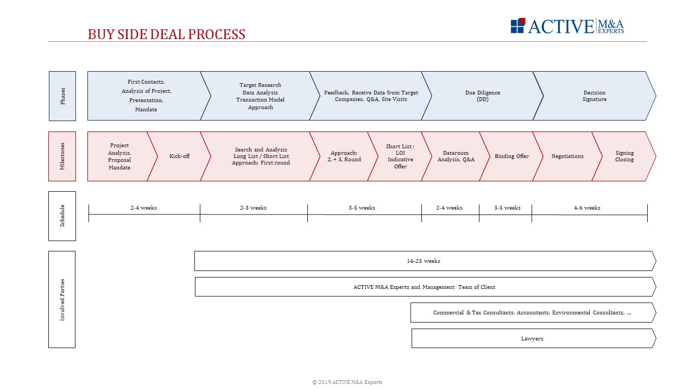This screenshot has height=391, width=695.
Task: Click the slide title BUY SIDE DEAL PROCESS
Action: pos(167,34)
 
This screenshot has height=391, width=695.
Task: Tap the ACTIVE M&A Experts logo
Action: pos(567,26)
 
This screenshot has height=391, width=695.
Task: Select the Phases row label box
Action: pos(62,96)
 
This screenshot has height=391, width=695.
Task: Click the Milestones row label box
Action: pos(62,156)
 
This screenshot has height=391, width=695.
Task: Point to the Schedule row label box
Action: pos(62,216)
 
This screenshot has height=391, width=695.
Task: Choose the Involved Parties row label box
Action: pos(62,299)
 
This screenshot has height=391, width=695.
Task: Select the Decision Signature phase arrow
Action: pos(594,96)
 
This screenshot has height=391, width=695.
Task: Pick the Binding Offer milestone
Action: pos(511,156)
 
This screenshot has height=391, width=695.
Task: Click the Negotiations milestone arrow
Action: pos(567,156)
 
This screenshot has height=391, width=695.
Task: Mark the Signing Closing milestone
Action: pos(624,156)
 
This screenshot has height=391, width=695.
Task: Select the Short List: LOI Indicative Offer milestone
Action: pos(400,156)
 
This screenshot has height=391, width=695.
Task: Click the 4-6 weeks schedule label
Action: pos(587,207)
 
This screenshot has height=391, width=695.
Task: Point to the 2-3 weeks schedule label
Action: pos(253,207)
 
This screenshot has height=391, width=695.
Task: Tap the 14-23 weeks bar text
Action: pos(424,261)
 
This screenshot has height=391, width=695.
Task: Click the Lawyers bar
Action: pos(532,338)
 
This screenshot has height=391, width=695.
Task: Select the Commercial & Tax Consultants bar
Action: pos(532,313)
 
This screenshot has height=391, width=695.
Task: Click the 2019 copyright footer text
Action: pos(347,382)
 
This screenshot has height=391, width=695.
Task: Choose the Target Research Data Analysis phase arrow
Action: pos(260,96)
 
